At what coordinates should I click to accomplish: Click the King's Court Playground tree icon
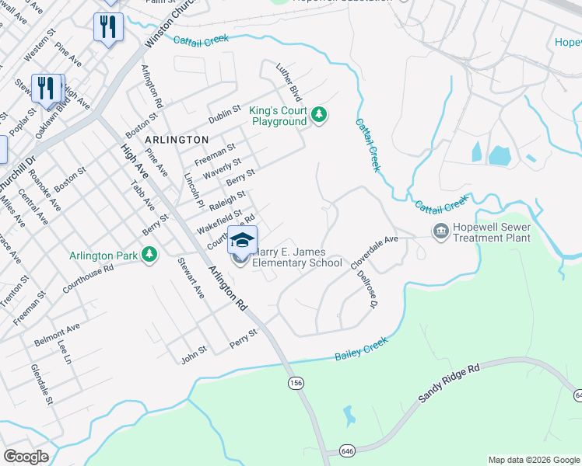pos(318,116)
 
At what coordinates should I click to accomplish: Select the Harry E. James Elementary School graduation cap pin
pos(242,240)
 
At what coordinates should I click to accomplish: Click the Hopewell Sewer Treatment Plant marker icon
pos(441,231)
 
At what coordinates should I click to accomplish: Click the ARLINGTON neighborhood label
pos(177,139)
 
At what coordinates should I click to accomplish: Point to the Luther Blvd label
pos(289,82)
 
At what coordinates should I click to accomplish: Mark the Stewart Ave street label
pos(191,280)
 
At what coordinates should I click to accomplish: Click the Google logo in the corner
pos(26,457)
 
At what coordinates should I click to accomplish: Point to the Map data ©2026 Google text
pos(533,460)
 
